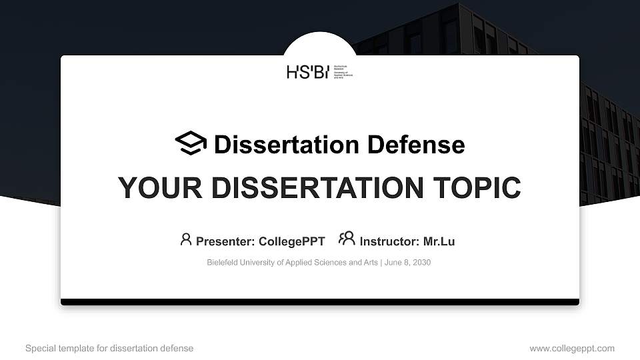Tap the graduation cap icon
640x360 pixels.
click(191, 143)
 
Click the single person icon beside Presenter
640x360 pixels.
click(186, 239)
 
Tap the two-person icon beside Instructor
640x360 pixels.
click(347, 239)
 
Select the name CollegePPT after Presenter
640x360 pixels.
click(293, 241)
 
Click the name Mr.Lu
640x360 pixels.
click(439, 241)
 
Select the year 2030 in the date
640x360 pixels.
click(421, 263)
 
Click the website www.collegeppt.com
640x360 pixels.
click(572, 348)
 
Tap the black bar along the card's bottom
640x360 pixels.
click(320, 302)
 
